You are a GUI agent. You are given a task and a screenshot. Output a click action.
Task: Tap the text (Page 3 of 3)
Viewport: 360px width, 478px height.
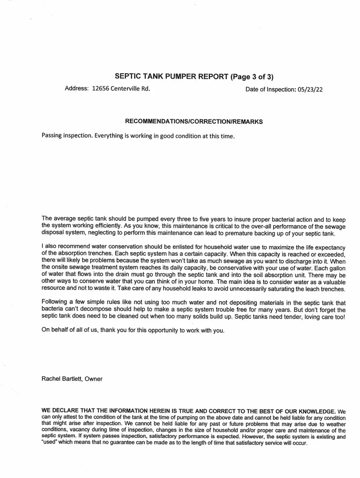pos(255,77)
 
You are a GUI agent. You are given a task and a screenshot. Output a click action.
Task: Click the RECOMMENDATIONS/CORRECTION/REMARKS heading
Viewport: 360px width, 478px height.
pos(194,121)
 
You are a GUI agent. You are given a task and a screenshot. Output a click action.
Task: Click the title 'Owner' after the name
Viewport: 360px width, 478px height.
pos(94,379)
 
